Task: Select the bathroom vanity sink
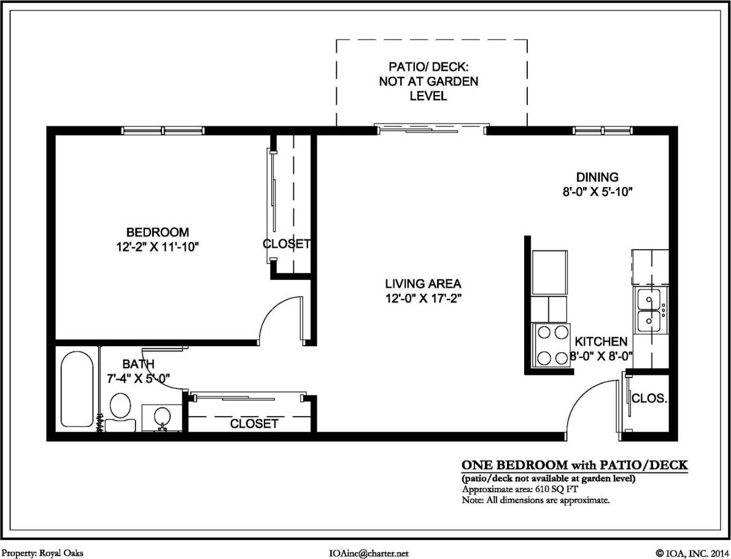coord(161,417)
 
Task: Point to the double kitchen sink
coord(650,310)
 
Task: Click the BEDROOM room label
coord(157,233)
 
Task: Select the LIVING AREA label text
coord(422,283)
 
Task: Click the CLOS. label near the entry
coord(649,398)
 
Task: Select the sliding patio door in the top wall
coord(431,129)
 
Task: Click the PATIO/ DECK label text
coord(429,81)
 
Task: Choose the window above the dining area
coord(602,130)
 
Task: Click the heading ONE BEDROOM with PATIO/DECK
coord(574,466)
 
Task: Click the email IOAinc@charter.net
coord(369,553)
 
